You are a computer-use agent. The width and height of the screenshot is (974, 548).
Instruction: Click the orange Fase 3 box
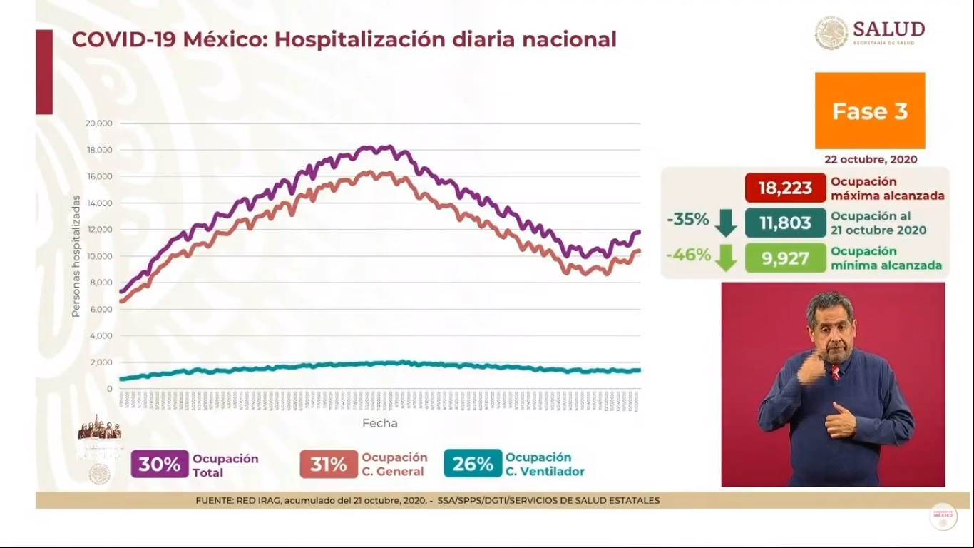coord(870,111)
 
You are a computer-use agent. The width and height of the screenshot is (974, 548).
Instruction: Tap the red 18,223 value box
coord(785,188)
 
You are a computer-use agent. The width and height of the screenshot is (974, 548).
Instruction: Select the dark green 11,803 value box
coord(785,223)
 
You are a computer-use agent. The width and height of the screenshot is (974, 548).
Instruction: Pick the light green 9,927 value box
coord(785,258)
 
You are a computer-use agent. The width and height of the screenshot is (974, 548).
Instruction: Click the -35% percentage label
coord(688,220)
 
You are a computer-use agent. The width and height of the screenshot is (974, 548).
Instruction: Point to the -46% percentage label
coord(688,255)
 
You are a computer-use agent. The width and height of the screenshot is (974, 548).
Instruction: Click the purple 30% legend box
coord(160,465)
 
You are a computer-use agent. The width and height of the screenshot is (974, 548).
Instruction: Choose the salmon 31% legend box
coord(329,465)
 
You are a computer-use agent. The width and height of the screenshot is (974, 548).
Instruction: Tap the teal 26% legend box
coord(473,464)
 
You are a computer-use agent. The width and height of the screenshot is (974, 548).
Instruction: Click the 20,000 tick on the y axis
coord(98,123)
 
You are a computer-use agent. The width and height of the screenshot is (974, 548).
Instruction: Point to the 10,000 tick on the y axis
coord(98,256)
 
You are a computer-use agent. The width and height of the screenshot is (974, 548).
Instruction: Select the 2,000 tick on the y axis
coord(100,362)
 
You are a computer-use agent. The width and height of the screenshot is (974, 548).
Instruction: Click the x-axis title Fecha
coord(379,423)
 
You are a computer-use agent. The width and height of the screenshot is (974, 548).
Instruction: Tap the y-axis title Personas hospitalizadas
coord(75,257)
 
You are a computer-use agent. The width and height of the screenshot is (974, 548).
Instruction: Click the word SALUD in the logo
coord(888,29)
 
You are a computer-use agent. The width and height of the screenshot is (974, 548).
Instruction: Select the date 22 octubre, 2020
coord(870,160)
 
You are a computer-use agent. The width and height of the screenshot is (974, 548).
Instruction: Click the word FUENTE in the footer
coord(212,501)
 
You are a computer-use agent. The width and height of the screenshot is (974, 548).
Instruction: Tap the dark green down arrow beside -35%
coord(726,223)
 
